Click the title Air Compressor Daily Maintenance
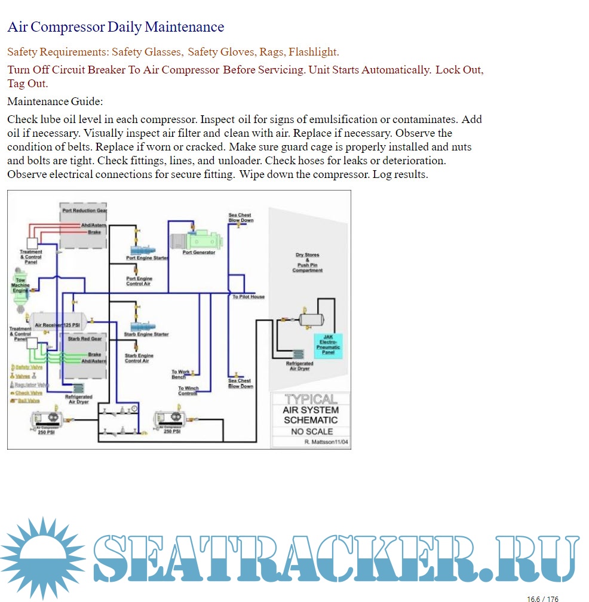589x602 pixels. [x=115, y=27]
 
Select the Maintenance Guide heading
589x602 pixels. [x=55, y=102]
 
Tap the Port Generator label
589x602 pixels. [x=199, y=253]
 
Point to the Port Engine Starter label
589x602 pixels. [x=147, y=258]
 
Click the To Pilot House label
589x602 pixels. [x=249, y=297]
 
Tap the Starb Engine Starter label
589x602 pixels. [x=146, y=334]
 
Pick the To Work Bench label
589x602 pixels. [x=180, y=374]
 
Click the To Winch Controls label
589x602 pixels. [x=188, y=391]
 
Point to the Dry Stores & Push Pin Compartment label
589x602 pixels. [x=307, y=263]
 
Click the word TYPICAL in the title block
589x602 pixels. [x=310, y=399]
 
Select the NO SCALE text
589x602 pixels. [x=312, y=431]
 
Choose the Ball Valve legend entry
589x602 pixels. [x=27, y=401]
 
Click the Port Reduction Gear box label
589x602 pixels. [x=85, y=211]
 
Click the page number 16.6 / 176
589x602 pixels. [x=542, y=598]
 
